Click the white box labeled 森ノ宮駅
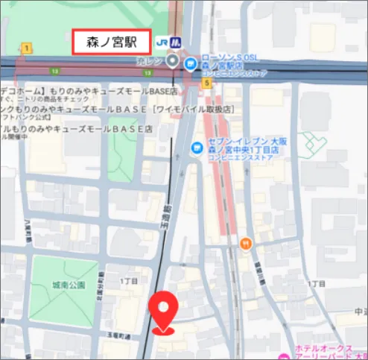[x=111, y=42]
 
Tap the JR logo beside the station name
[x=164, y=42]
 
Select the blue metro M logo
[x=177, y=42]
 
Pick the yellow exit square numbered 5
[x=206, y=83]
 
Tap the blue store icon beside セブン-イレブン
[x=197, y=146]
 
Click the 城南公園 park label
[x=69, y=285]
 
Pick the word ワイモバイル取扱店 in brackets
[x=195, y=110]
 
